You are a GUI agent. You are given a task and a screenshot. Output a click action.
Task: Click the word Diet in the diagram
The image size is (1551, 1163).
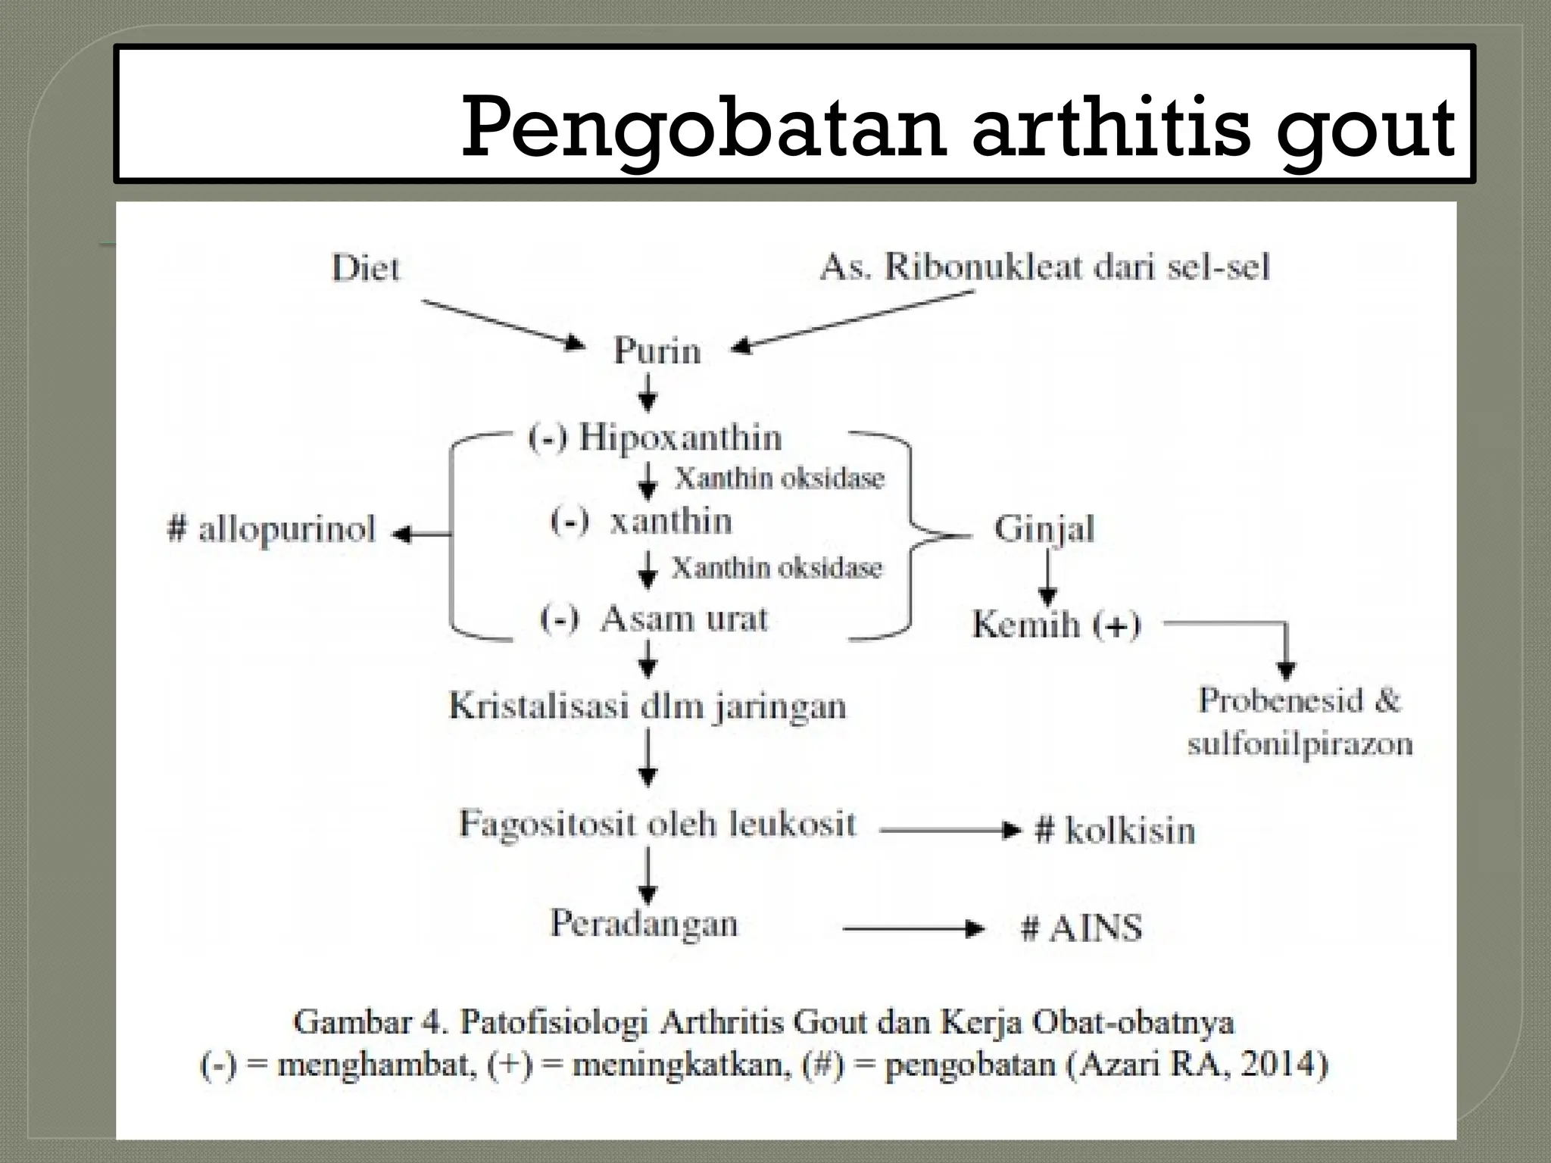click(x=365, y=269)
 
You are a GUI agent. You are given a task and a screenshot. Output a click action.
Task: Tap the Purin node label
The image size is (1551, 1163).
click(x=657, y=351)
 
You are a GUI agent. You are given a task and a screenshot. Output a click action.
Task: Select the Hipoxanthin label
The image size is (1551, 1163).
click(x=679, y=438)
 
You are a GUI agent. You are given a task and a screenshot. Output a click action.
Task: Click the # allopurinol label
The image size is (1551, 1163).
click(x=272, y=530)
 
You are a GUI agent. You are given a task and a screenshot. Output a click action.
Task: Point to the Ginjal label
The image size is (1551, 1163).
click(x=1044, y=529)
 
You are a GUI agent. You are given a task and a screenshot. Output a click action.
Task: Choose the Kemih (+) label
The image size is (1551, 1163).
click(x=1056, y=625)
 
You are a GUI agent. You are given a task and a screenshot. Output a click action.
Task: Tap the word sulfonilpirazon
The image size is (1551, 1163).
click(x=1300, y=744)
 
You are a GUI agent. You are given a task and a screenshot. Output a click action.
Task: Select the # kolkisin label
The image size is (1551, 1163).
click(x=1114, y=831)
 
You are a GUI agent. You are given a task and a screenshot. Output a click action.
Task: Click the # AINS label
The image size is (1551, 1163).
click(x=1081, y=928)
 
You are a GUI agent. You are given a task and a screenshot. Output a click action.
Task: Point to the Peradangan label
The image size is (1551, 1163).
click(x=644, y=924)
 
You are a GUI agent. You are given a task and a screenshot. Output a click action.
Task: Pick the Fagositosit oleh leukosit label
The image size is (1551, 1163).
click(x=657, y=824)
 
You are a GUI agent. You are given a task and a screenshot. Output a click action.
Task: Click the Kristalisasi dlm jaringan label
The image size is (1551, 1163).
click(x=648, y=706)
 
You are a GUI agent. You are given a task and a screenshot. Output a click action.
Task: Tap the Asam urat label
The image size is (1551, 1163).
click(x=683, y=619)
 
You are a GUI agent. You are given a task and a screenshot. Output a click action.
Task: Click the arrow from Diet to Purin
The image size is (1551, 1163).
click(x=503, y=324)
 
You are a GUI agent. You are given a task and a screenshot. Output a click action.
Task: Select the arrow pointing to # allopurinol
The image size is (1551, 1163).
click(x=421, y=535)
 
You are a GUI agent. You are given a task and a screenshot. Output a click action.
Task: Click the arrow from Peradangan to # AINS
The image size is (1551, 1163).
click(x=913, y=929)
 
